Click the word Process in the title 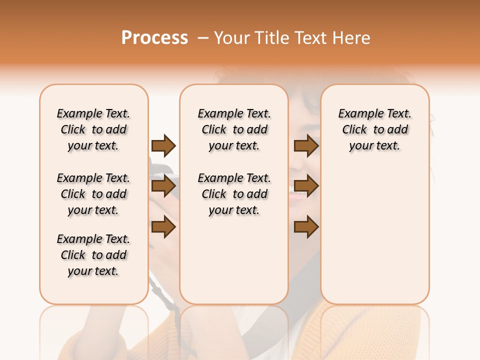point(154,38)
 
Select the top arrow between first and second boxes point(163,146)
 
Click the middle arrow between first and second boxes point(163,186)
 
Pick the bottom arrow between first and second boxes point(163,227)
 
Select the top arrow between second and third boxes point(306,146)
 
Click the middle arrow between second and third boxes point(306,186)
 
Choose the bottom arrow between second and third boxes point(306,227)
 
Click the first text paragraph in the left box point(93,129)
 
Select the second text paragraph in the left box point(93,194)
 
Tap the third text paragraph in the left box point(93,255)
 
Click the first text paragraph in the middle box point(234,129)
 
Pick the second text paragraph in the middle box point(234,194)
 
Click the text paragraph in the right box point(374,129)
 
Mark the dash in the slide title point(202,38)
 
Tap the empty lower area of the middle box point(234,260)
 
